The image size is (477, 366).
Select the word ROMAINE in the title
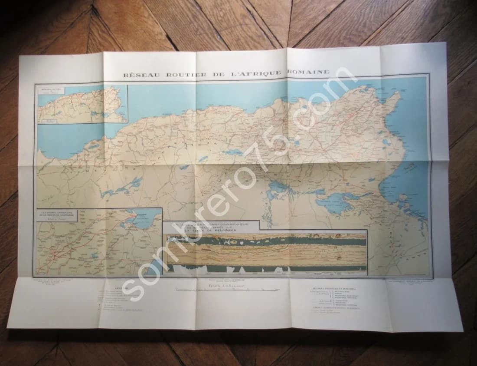[311, 72]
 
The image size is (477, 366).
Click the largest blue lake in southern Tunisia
[338, 203]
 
